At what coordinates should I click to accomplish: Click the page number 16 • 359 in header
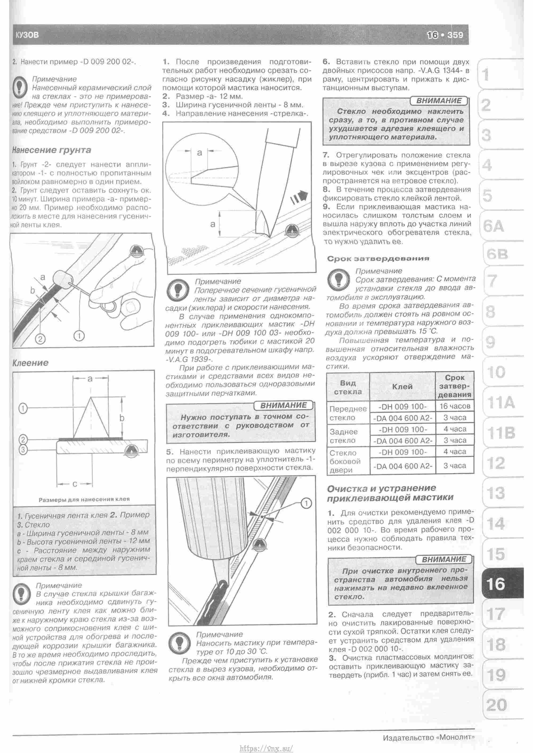click(445, 35)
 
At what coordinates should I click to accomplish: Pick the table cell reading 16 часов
click(455, 406)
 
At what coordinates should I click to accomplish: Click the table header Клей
click(402, 387)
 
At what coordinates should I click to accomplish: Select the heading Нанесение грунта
click(51, 150)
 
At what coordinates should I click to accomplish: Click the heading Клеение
click(31, 363)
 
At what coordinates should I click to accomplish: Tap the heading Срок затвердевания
click(378, 258)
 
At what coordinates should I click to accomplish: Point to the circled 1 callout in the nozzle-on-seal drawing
click(306, 503)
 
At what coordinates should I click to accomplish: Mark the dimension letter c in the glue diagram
click(75, 484)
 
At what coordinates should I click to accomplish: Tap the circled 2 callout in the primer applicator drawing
click(40, 339)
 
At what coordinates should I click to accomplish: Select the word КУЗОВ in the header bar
click(27, 35)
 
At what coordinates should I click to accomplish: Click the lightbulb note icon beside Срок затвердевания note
click(338, 280)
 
